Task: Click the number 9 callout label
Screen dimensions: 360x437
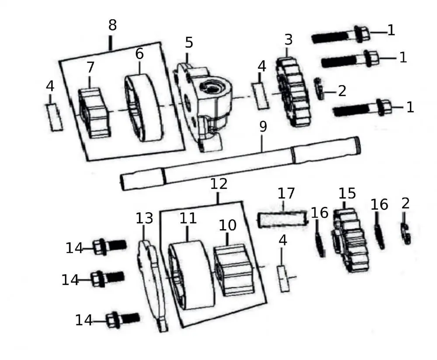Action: click(262, 127)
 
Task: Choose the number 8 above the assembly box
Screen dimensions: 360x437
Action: click(112, 25)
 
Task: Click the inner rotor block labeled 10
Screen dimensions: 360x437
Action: click(233, 270)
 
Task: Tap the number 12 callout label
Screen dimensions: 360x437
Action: click(219, 184)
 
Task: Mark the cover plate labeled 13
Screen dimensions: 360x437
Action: click(151, 284)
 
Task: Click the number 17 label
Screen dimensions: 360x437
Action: click(286, 193)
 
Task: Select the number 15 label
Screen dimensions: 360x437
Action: click(347, 193)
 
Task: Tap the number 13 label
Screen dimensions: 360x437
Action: click(144, 218)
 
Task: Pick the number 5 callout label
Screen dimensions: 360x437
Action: click(189, 43)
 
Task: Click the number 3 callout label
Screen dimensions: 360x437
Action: click(288, 39)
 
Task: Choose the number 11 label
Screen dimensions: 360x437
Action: click(188, 218)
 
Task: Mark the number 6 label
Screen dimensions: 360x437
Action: click(139, 54)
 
